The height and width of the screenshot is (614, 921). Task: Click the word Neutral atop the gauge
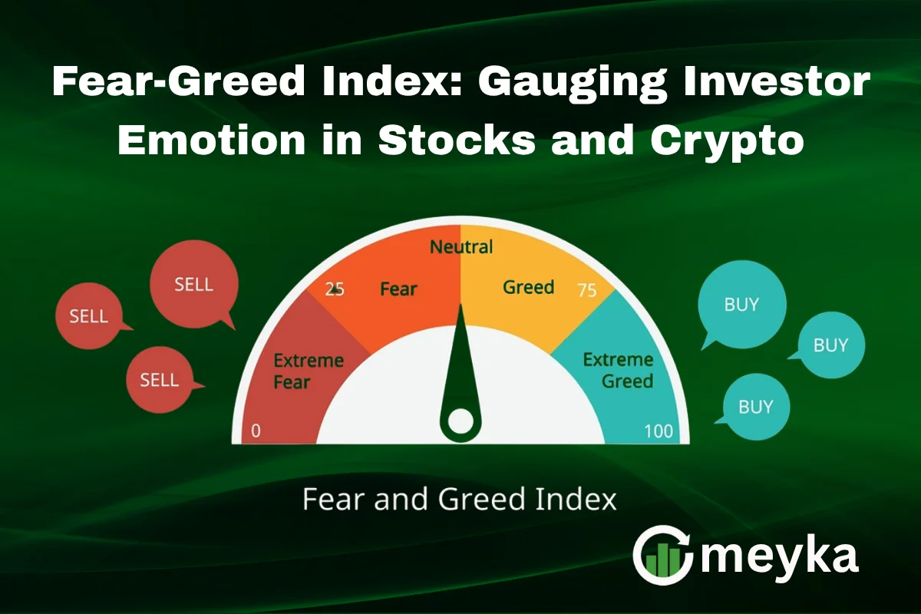(460, 247)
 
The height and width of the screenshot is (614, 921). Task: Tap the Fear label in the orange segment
(398, 289)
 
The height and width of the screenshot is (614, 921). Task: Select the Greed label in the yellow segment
(528, 287)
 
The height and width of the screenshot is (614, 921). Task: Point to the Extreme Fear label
(309, 370)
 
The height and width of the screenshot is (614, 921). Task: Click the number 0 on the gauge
(256, 431)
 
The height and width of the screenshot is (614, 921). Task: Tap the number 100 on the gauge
(659, 431)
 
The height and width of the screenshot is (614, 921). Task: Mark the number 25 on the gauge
(335, 289)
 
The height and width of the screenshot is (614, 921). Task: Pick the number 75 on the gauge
(586, 289)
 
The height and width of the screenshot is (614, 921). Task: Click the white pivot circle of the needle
(460, 421)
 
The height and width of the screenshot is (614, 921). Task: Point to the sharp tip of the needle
(460, 307)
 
